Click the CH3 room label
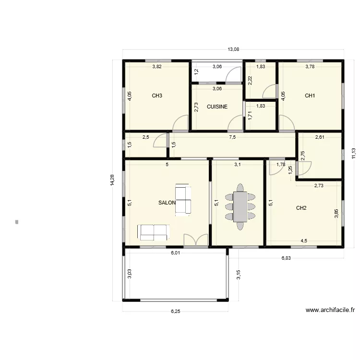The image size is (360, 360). pos(157,96)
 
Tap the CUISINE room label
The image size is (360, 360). pos(217,107)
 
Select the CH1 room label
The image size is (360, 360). pos(310,96)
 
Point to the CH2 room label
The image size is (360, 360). pos(301,208)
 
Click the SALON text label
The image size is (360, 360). pos(167,203)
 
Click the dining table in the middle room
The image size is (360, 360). pos(240,206)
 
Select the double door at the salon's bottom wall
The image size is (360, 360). pos(196,240)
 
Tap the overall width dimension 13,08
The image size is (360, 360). pos(233,49)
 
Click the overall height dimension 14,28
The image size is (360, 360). pos(112,180)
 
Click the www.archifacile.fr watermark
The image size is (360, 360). pos(330,310)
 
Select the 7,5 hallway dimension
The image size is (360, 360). pos(232,137)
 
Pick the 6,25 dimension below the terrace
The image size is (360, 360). pos(176,312)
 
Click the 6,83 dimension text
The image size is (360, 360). pos(287,258)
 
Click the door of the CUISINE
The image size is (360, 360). pos(235,123)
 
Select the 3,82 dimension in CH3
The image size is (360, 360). pos(157,67)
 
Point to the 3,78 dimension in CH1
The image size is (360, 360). pos(310,67)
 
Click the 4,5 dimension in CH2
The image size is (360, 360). pos(304,241)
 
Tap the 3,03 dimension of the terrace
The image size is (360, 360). pos(129,274)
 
